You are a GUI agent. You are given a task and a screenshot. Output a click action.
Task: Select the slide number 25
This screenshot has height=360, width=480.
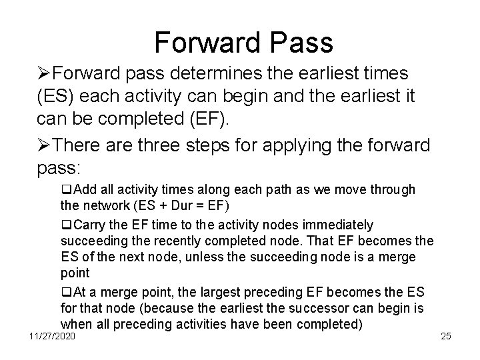(446, 336)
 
